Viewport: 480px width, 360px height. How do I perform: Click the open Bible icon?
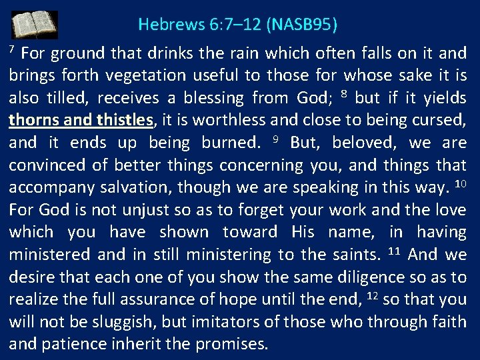tap(34, 25)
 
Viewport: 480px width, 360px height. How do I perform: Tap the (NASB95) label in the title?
tap(302, 25)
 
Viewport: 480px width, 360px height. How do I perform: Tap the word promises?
tap(233, 345)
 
